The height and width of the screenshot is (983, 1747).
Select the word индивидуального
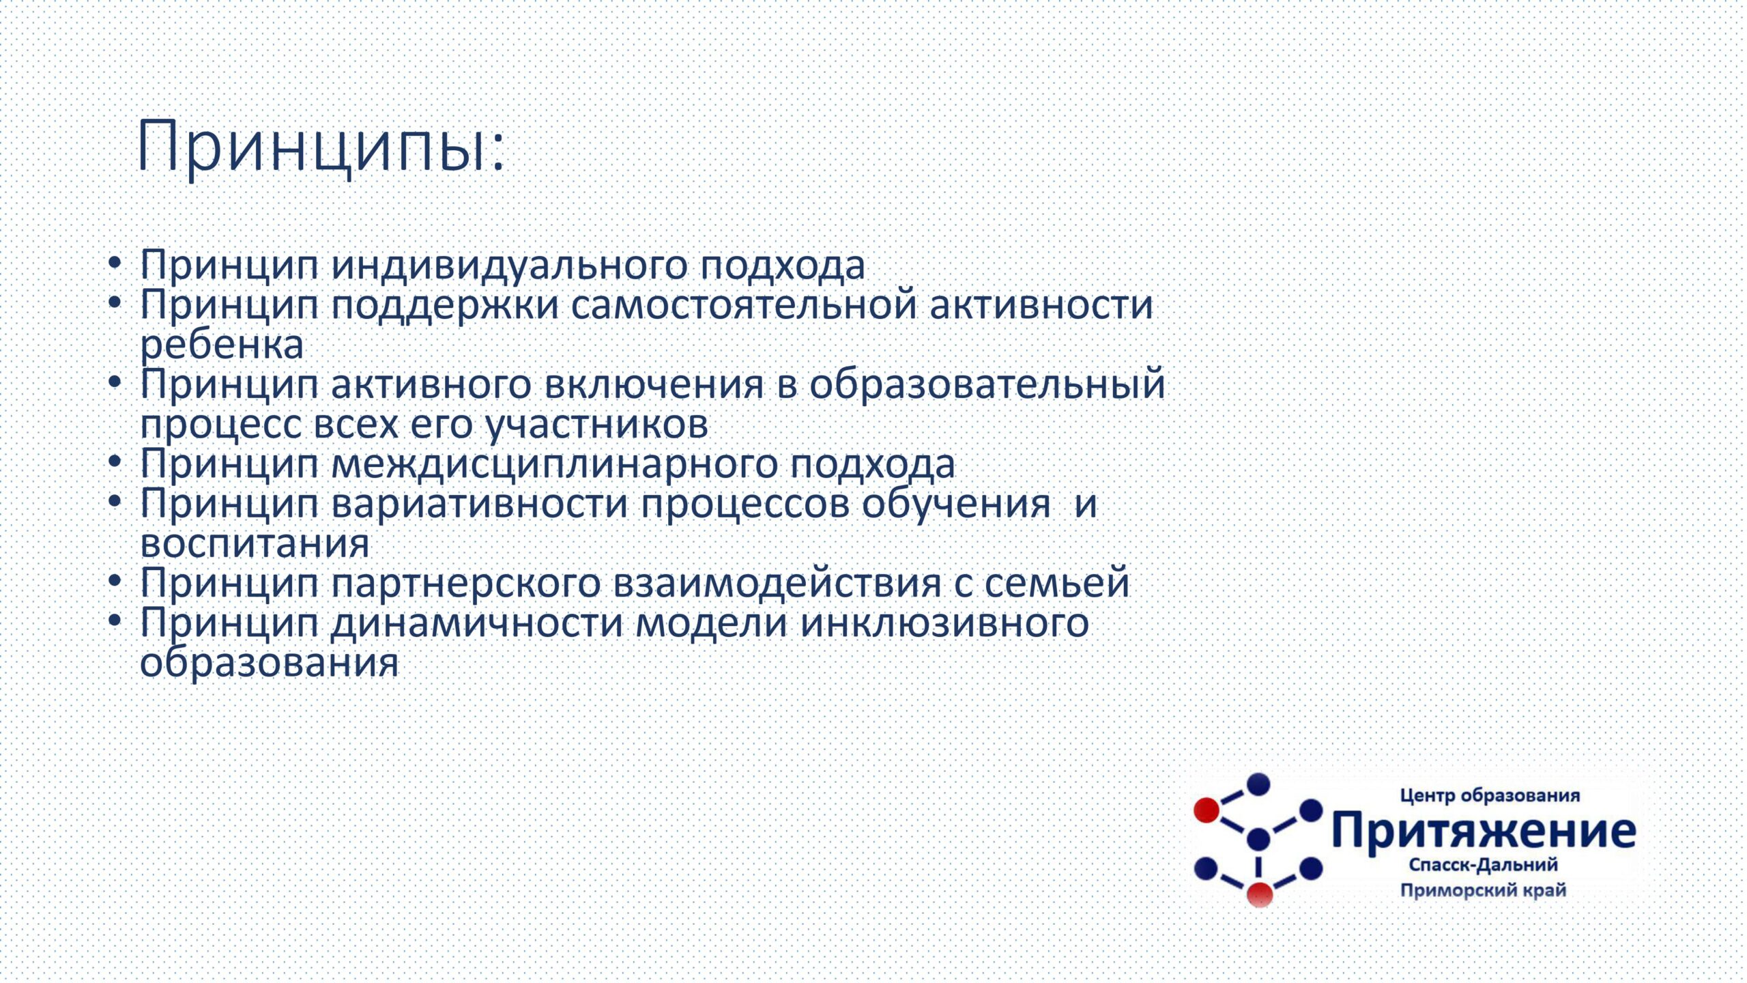pyautogui.click(x=509, y=266)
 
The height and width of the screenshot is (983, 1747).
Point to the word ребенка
pyautogui.click(x=222, y=345)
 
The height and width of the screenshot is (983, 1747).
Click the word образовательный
pyautogui.click(x=987, y=384)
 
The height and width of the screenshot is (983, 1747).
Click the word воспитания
pyautogui.click(x=255, y=544)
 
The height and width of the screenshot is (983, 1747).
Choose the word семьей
pyautogui.click(x=1056, y=582)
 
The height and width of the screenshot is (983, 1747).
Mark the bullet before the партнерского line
pyautogui.click(x=115, y=580)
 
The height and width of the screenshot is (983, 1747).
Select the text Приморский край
pyautogui.click(x=1484, y=890)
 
